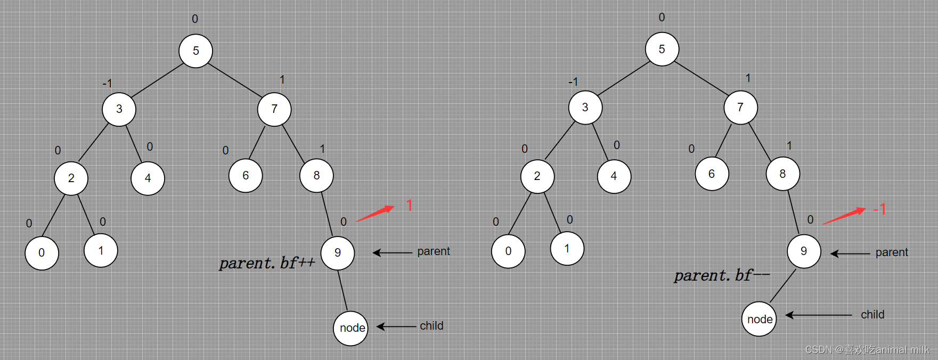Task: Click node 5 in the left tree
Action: [195, 51]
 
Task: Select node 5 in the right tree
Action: [662, 49]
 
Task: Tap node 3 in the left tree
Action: [119, 109]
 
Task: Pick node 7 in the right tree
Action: [740, 107]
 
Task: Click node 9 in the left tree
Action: [337, 252]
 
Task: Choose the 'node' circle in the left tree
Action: [350, 328]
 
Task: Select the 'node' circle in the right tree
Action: [759, 319]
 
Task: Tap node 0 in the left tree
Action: [42, 252]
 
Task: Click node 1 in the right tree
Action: [567, 248]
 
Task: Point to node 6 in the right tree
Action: [712, 174]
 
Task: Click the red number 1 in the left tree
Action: [409, 205]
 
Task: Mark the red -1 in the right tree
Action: [879, 209]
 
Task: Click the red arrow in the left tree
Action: [375, 213]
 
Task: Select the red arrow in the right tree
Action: [844, 216]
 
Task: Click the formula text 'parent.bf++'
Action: [267, 263]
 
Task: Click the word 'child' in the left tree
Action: [431, 325]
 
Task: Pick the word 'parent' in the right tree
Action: [892, 252]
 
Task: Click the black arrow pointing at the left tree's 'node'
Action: [396, 326]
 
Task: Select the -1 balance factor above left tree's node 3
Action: [107, 84]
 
